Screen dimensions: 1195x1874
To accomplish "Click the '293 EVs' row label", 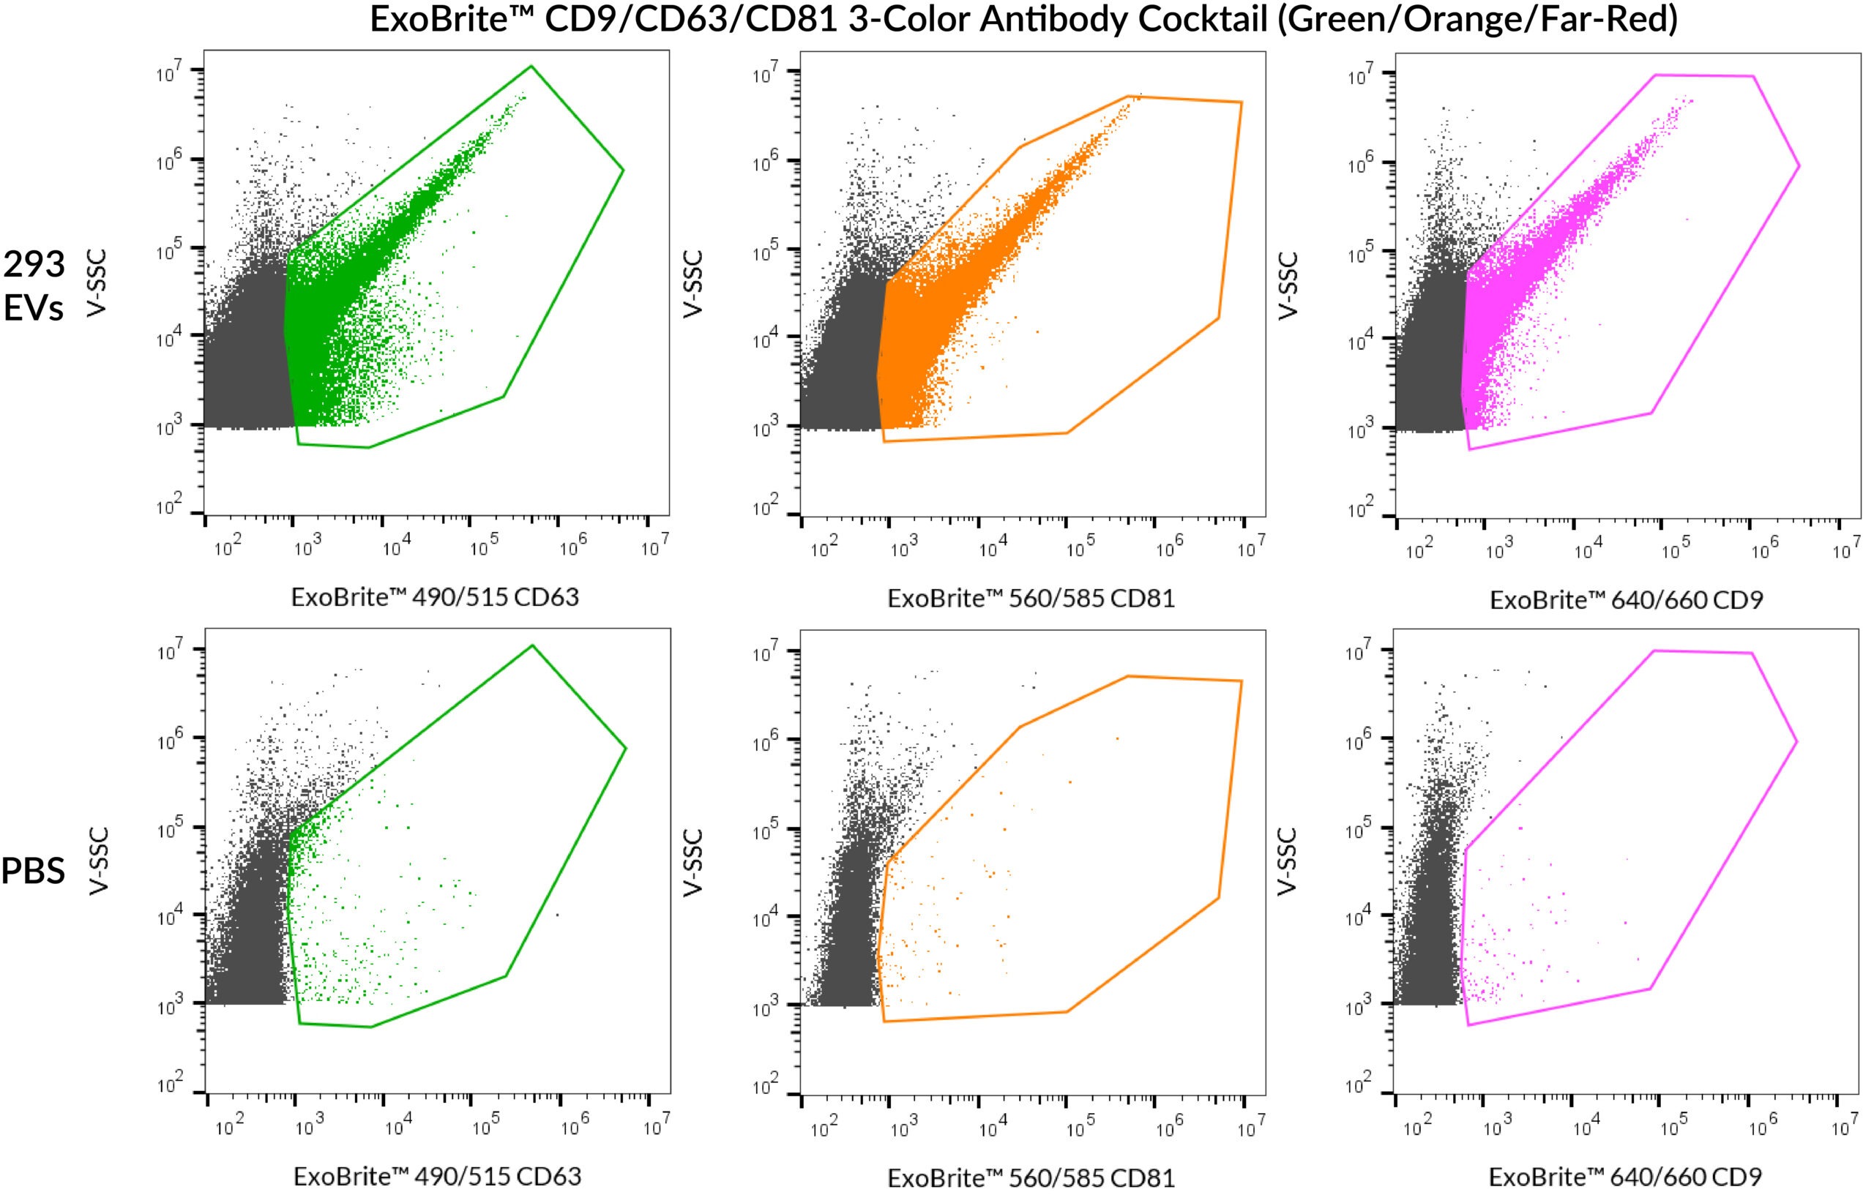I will click(x=34, y=285).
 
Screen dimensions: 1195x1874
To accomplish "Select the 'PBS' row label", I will click(x=34, y=870).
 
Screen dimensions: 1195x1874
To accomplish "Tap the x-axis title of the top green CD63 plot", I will click(x=435, y=596).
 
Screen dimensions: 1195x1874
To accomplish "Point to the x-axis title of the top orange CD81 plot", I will click(x=1031, y=599).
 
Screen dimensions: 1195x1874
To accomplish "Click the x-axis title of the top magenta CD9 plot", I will click(x=1626, y=600).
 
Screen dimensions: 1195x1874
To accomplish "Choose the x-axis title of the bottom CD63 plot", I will click(x=436, y=1175).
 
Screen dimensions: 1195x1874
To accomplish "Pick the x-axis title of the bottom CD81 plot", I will click(x=1031, y=1177).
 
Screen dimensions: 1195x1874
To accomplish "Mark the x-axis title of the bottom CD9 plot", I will click(x=1625, y=1176).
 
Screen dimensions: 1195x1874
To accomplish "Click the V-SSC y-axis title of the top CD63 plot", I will click(x=97, y=282).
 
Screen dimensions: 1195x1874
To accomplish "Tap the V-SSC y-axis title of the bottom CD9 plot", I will click(x=1288, y=861).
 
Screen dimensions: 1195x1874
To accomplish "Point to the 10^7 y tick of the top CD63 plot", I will click(x=169, y=74).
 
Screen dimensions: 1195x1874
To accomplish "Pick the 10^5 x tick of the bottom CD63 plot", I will click(x=485, y=1126).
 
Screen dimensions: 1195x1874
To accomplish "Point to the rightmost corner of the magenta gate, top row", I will click(x=1799, y=165).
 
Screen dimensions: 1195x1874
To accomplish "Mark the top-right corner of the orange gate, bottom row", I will click(x=1242, y=681).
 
